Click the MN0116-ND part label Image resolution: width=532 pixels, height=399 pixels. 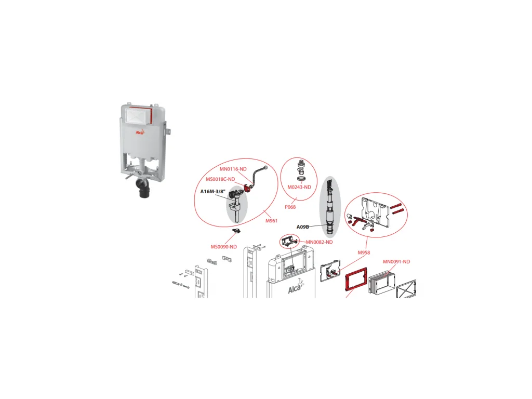pyautogui.click(x=233, y=169)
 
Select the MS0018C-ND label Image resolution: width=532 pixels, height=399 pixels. pyautogui.click(x=220, y=179)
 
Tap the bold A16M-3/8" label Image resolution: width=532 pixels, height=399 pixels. pyautogui.click(x=212, y=191)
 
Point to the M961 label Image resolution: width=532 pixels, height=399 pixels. pyautogui.click(x=271, y=220)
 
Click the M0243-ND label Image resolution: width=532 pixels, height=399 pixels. pyautogui.click(x=299, y=187)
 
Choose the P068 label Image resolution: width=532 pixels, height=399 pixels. pyautogui.click(x=290, y=207)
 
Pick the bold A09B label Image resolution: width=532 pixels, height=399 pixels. pyautogui.click(x=303, y=227)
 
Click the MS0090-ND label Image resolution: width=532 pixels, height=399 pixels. pyautogui.click(x=223, y=247)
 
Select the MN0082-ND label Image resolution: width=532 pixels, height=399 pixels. pyautogui.click(x=320, y=242)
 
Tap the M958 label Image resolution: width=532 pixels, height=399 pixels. pyautogui.click(x=364, y=252)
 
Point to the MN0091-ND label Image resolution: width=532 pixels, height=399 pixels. pyautogui.click(x=396, y=262)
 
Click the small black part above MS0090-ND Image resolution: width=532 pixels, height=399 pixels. pyautogui.click(x=236, y=231)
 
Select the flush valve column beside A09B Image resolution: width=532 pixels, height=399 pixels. pyautogui.click(x=329, y=207)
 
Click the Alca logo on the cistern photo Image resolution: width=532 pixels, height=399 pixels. pyautogui.click(x=140, y=132)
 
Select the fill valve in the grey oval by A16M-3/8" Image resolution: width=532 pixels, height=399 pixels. pyautogui.click(x=236, y=205)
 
